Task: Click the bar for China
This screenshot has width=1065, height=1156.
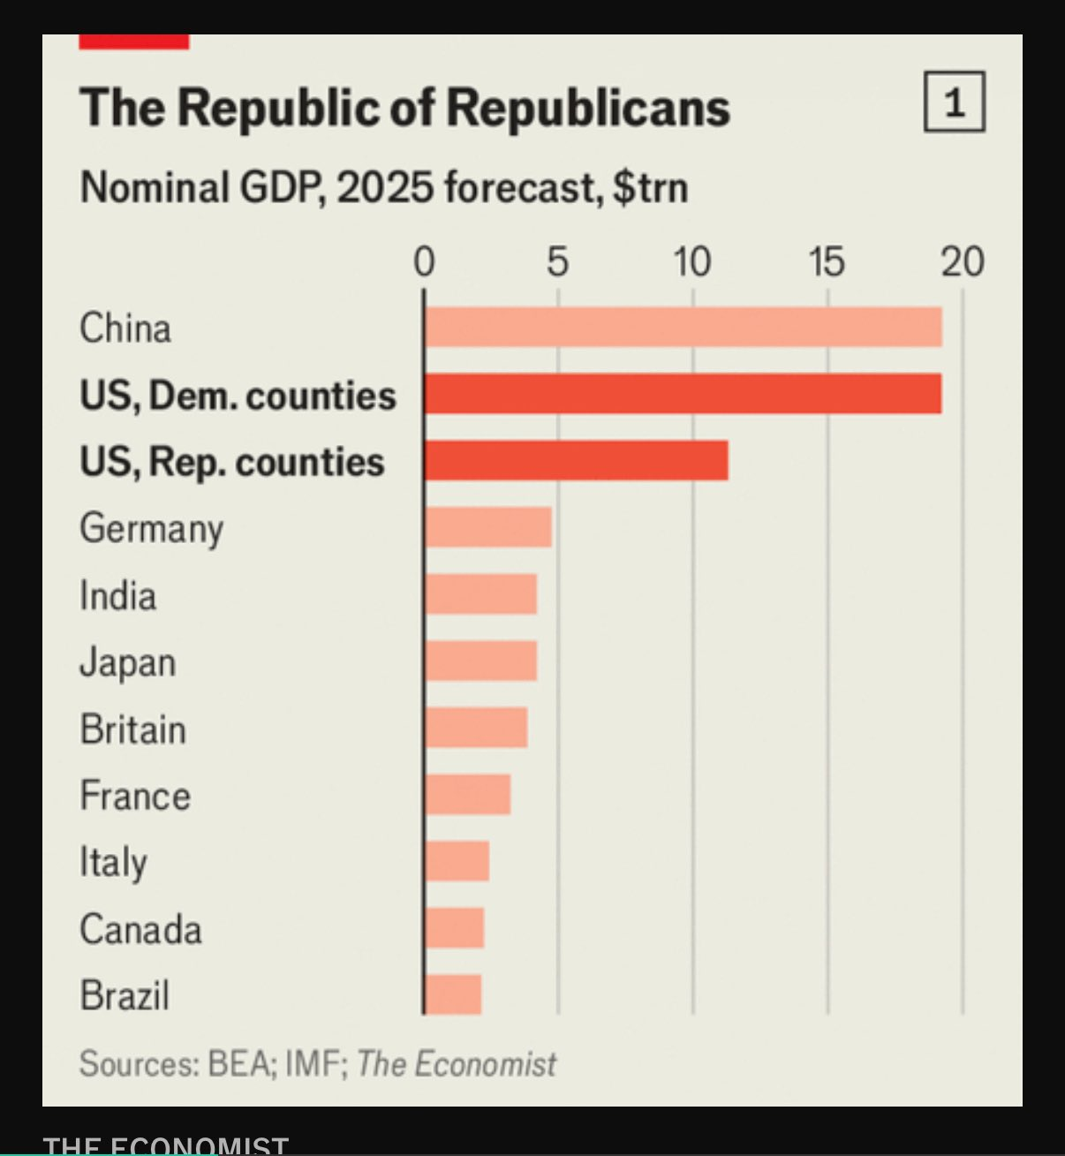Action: (x=683, y=328)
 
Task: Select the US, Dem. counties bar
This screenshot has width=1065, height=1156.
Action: (x=683, y=394)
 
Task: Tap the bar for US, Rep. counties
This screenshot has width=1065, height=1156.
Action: (x=576, y=460)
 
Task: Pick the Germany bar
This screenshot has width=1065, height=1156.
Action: (x=487, y=527)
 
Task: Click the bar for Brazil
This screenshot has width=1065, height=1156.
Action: (x=452, y=994)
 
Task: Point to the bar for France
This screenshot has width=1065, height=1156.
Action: (x=467, y=794)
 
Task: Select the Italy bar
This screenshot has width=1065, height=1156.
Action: (x=457, y=861)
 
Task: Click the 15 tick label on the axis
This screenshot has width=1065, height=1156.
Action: (x=827, y=262)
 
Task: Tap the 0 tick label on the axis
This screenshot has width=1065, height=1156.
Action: (x=424, y=262)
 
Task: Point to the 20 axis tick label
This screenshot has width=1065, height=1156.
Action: (x=962, y=262)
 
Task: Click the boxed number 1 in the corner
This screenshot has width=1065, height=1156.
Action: (x=954, y=102)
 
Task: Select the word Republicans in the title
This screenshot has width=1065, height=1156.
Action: (x=588, y=108)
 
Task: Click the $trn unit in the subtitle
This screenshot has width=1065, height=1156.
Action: (x=650, y=188)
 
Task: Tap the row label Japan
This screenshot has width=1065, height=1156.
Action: (x=128, y=662)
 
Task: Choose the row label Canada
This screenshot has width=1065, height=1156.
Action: (x=140, y=929)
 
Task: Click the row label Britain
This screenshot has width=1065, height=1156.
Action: (x=132, y=729)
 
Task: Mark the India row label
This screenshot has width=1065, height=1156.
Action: (x=117, y=595)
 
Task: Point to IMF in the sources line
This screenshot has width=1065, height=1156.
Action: (x=313, y=1063)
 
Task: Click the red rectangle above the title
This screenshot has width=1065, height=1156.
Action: (x=134, y=42)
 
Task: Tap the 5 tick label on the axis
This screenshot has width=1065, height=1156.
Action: (x=557, y=262)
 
